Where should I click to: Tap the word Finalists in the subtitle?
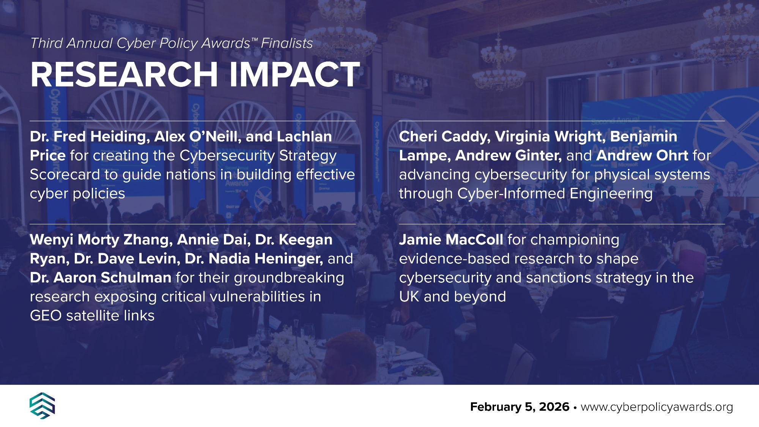(287, 43)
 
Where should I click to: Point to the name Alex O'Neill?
(198, 137)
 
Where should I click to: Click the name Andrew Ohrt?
(642, 156)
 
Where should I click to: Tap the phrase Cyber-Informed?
(511, 194)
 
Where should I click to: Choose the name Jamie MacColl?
(451, 240)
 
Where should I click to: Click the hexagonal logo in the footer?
(42, 406)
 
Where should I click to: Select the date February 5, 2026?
(520, 407)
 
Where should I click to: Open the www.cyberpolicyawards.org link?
(657, 407)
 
